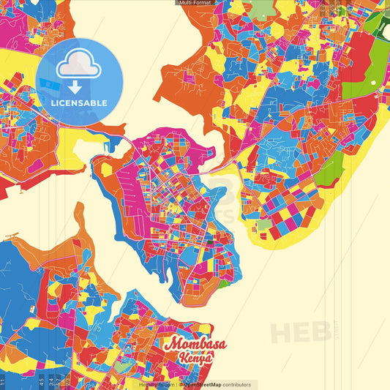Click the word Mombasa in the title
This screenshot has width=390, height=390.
click(195, 344)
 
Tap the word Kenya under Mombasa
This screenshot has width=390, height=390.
click(195, 359)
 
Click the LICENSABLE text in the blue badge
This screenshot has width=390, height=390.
click(79, 101)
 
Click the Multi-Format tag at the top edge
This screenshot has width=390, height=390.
click(195, 3)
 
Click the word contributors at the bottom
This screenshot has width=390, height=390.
click(236, 385)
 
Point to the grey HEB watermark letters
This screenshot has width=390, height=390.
click(300, 332)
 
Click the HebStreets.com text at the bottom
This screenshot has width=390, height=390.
click(155, 385)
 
